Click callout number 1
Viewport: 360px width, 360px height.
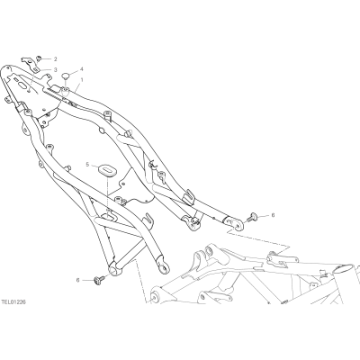click(82, 80)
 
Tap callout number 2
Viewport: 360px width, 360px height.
click(55, 58)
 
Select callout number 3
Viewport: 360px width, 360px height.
click(55, 69)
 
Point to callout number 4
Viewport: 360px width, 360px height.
click(82, 69)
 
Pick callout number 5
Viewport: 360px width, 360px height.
click(87, 165)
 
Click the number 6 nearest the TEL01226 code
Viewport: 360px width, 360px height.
click(78, 280)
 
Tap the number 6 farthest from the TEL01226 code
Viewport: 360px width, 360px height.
click(273, 215)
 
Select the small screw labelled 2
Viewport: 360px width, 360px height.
click(40, 58)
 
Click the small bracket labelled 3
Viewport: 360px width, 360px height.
click(30, 62)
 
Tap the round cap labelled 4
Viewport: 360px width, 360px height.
click(66, 76)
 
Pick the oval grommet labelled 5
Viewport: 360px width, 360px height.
click(106, 169)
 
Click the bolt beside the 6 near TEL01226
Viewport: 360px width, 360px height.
click(99, 281)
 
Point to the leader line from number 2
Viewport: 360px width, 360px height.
click(48, 58)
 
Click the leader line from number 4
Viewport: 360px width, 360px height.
click(75, 72)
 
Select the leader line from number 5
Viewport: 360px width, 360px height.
click(94, 166)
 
